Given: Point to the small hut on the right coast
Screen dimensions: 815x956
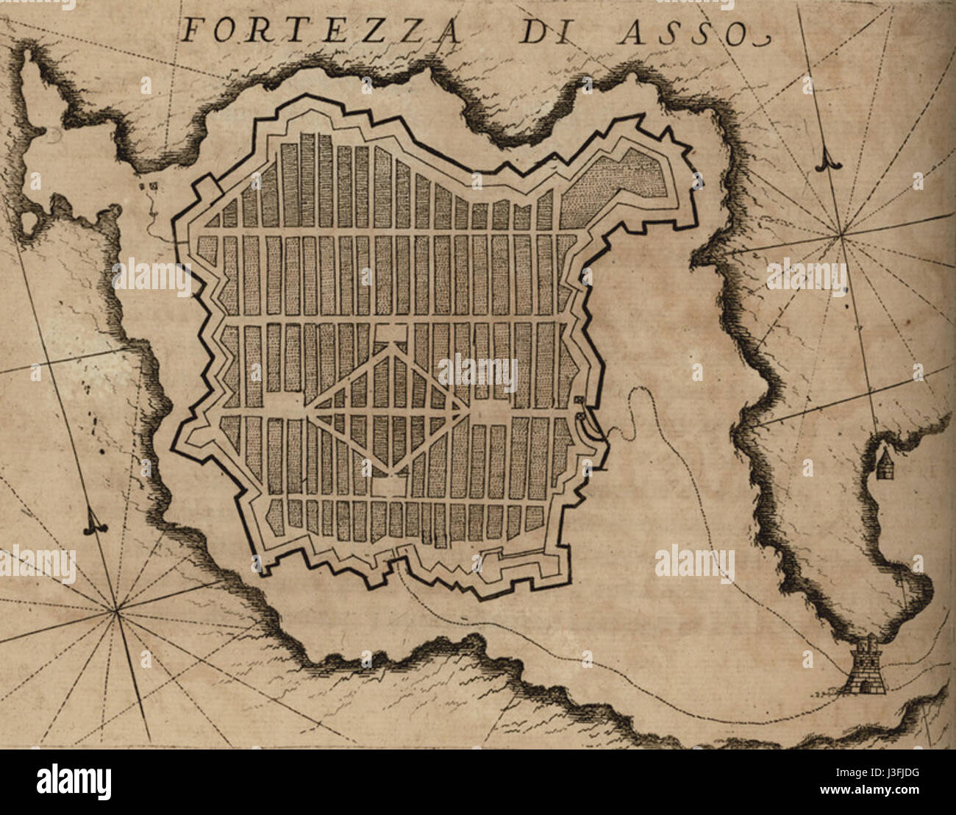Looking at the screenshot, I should click(884, 465).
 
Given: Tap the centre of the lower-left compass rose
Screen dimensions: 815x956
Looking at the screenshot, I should click(115, 610).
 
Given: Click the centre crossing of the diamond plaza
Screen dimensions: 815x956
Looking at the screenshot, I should click(388, 408).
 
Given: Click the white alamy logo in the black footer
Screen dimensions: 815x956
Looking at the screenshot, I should click(75, 781).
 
